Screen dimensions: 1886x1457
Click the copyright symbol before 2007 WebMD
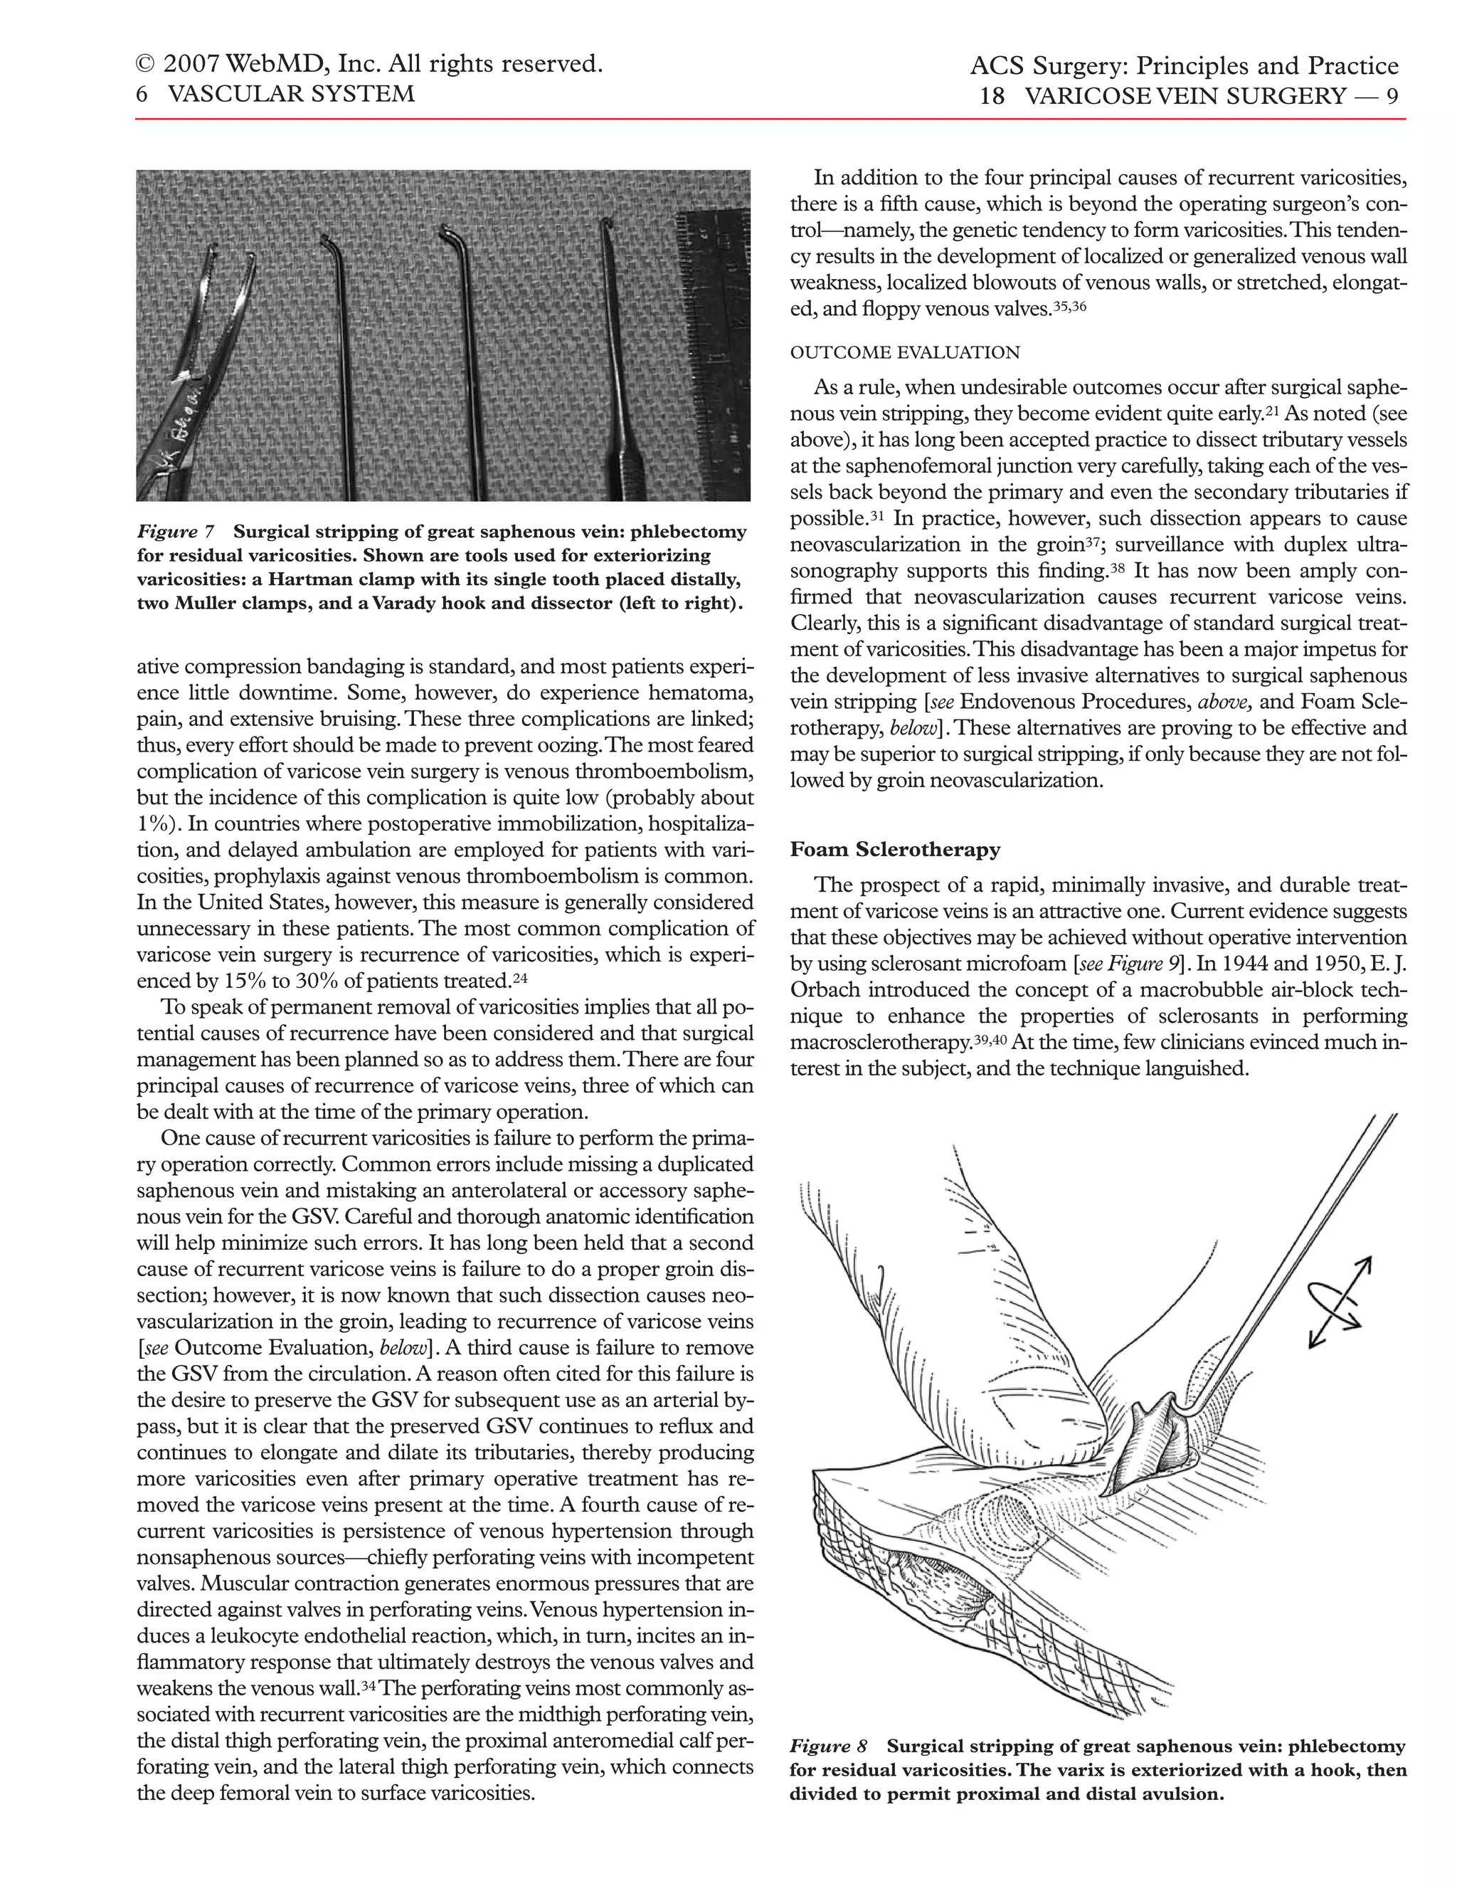click(145, 65)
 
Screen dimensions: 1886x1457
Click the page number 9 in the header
click(1392, 96)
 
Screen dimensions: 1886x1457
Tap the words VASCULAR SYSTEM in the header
click(291, 94)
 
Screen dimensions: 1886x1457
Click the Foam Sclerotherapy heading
click(894, 850)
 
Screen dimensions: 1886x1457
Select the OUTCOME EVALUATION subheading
click(905, 352)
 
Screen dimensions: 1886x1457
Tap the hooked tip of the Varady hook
click(608, 228)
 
